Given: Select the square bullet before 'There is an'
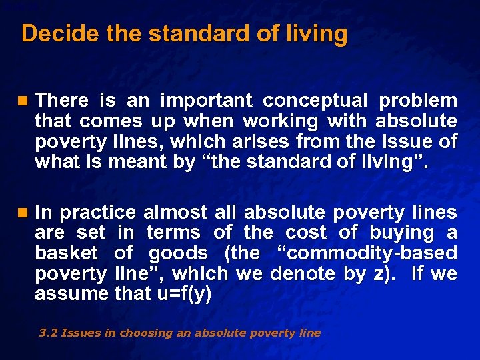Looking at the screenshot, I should click(x=24, y=101).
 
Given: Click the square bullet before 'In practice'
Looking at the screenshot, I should click(x=24, y=213).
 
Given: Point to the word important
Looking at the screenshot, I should click(x=206, y=101).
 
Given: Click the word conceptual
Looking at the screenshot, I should click(x=315, y=101).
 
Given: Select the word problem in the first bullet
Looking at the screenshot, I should click(x=418, y=101).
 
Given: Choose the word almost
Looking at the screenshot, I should click(x=174, y=213).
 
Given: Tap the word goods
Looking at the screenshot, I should click(x=178, y=253).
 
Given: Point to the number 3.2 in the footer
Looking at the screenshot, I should click(x=47, y=333).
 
